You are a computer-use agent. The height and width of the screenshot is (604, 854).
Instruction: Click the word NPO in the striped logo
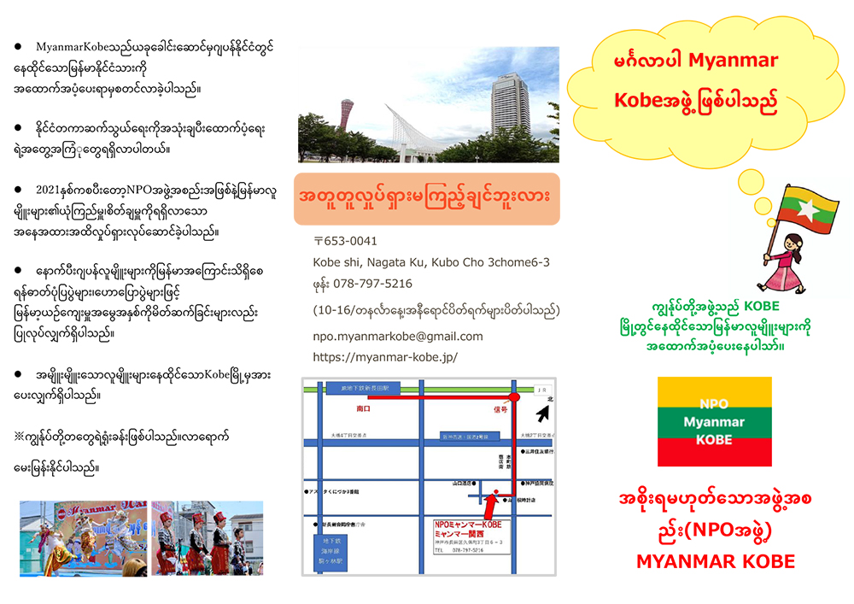(714, 404)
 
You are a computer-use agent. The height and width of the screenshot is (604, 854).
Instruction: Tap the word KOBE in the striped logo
(714, 439)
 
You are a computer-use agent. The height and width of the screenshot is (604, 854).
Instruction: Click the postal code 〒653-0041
(345, 241)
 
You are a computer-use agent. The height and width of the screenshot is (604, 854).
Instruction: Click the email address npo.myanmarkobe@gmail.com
(398, 336)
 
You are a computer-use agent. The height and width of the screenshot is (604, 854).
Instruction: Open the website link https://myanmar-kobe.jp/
(385, 357)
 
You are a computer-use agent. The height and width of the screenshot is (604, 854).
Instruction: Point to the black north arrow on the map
(543, 414)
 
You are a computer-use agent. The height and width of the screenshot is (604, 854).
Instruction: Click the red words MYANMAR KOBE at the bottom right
(715, 561)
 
